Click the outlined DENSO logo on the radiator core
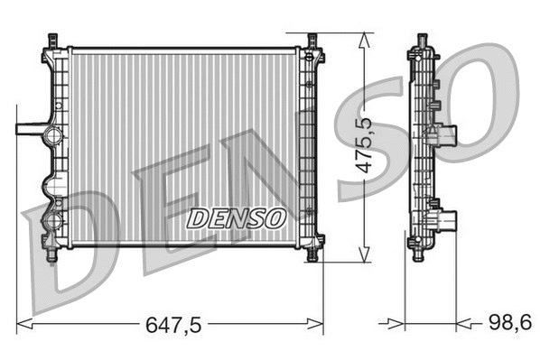[x=236, y=217]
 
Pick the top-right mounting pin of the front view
[x=312, y=41]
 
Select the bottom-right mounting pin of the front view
[x=312, y=254]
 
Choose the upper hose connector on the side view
[x=447, y=135]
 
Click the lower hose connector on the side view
[x=447, y=220]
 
